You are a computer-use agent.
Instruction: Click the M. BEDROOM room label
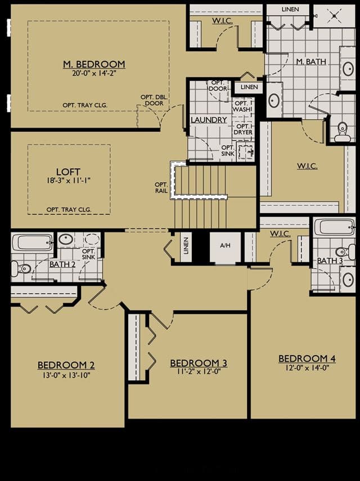(94, 64)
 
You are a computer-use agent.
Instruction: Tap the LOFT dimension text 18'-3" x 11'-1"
(69, 180)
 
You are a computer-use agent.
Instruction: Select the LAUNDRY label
(209, 120)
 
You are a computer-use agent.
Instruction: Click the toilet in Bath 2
(20, 269)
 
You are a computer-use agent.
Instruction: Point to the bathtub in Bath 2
(32, 242)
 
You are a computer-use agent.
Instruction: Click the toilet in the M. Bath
(341, 132)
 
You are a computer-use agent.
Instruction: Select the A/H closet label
(226, 245)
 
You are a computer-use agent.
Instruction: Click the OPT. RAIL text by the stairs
(161, 187)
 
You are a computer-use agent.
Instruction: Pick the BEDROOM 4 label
(307, 358)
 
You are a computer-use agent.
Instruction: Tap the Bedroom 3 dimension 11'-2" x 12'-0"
(199, 371)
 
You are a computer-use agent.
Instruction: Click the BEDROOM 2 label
(66, 365)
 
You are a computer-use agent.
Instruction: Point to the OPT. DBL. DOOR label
(154, 100)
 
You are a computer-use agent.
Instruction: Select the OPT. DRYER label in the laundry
(243, 129)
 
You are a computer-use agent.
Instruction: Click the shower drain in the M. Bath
(334, 15)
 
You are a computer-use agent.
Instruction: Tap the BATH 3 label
(330, 260)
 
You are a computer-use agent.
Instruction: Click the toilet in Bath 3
(342, 252)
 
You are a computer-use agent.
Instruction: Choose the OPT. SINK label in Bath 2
(89, 254)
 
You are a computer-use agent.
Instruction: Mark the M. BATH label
(311, 62)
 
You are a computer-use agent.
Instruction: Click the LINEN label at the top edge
(290, 10)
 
